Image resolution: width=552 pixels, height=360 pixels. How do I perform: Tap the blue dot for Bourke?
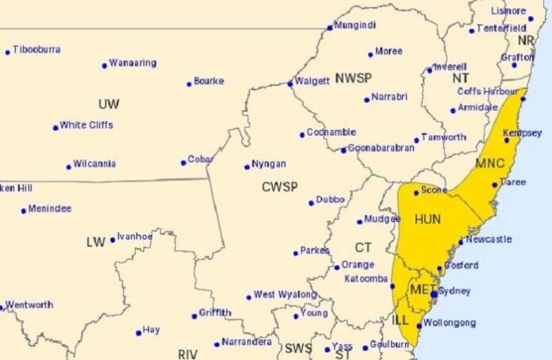(x=189, y=83)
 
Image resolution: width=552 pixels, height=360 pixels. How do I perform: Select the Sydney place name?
(x=454, y=291)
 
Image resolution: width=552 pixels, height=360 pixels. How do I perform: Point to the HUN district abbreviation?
(x=427, y=217)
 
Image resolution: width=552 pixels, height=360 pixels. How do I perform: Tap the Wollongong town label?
(x=449, y=323)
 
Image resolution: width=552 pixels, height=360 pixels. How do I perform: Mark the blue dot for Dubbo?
(x=311, y=203)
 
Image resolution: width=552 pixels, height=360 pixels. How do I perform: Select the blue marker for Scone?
(x=416, y=193)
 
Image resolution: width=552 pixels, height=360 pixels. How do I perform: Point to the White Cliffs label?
(x=86, y=124)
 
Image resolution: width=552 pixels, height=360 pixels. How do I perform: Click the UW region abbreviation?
(x=109, y=104)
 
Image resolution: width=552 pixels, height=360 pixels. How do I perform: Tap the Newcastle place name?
(x=489, y=239)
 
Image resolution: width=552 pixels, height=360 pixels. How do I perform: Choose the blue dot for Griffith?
(x=194, y=316)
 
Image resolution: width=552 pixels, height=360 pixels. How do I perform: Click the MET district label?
(x=420, y=290)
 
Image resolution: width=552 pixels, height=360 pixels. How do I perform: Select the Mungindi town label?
(x=354, y=25)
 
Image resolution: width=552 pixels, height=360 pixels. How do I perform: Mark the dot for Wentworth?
(x=2, y=307)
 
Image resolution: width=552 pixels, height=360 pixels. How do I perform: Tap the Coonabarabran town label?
(x=382, y=147)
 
